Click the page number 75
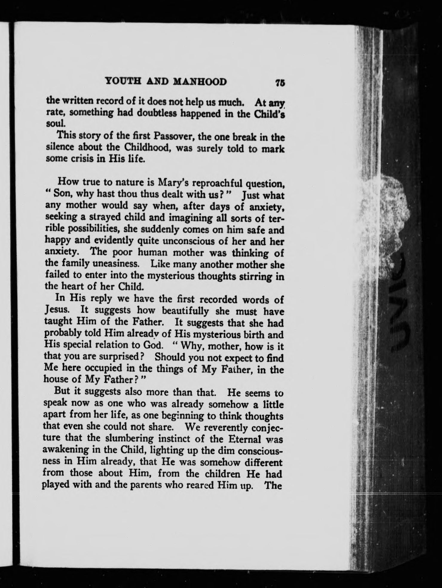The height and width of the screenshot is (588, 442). [x=279, y=82]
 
